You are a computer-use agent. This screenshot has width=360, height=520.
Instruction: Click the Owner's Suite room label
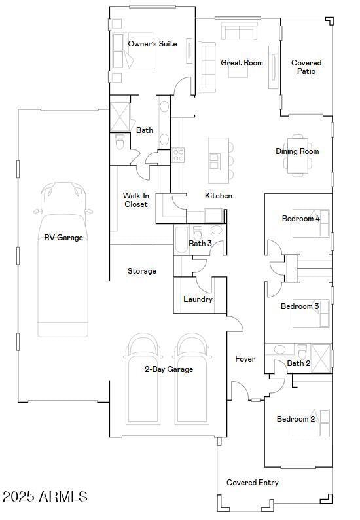pyautogui.click(x=153, y=44)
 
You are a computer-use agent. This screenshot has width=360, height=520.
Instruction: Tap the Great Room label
pyautogui.click(x=242, y=63)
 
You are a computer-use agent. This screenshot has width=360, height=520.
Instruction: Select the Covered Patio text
pyautogui.click(x=306, y=67)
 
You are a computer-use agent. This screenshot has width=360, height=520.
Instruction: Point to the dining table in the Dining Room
pyautogui.click(x=298, y=155)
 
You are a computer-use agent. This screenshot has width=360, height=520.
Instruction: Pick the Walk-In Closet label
pyautogui.click(x=135, y=200)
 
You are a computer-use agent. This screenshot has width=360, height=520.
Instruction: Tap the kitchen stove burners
pyautogui.click(x=178, y=155)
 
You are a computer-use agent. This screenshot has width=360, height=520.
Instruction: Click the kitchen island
pyautogui.click(x=219, y=160)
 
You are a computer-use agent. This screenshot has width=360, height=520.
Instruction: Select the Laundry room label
pyautogui.click(x=198, y=299)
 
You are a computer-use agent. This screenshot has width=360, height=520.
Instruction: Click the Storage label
pyautogui.click(x=141, y=271)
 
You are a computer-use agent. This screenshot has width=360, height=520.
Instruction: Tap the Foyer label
pyautogui.click(x=245, y=359)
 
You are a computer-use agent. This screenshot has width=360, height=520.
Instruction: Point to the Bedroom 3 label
pyautogui.click(x=300, y=306)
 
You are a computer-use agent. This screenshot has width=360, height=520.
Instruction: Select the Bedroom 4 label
pyautogui.click(x=300, y=219)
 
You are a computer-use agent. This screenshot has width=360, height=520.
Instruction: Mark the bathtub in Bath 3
pyautogui.click(x=181, y=240)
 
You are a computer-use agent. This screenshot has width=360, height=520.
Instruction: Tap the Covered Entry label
pyautogui.click(x=252, y=483)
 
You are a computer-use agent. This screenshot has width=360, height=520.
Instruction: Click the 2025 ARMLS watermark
pyautogui.click(x=45, y=496)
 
